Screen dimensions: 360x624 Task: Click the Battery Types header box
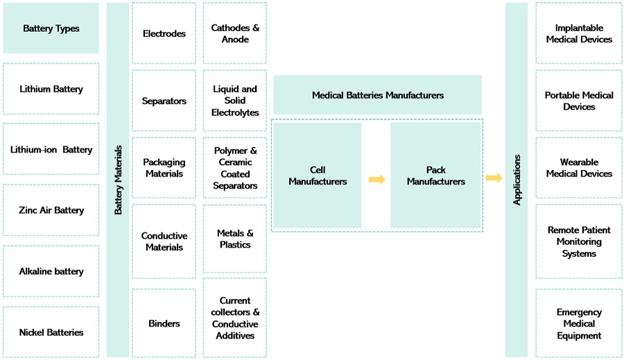tap(51, 28)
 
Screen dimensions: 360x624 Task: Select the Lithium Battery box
tap(51, 89)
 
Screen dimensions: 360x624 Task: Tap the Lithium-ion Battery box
tap(51, 149)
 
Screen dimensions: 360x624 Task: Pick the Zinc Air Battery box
tap(51, 210)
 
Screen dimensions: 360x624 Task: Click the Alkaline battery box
tap(51, 271)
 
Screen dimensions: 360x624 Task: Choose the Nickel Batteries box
tap(51, 332)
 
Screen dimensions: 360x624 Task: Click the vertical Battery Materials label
tap(118, 180)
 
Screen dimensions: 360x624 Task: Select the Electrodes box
tap(164, 33)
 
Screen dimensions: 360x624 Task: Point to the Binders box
tap(164, 323)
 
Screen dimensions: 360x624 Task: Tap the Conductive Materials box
tap(164, 241)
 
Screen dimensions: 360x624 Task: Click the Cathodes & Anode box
tap(235, 33)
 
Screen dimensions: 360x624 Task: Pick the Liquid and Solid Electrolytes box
tap(235, 101)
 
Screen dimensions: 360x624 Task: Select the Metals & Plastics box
tap(235, 239)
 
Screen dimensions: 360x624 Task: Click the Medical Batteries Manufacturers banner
tap(377, 95)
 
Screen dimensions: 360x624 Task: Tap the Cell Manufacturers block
tap(318, 175)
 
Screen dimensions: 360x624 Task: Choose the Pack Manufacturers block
tap(435, 175)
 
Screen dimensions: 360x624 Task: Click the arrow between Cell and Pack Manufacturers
tap(376, 179)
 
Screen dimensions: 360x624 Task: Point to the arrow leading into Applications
tap(494, 178)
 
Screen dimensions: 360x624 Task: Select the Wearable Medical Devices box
tap(579, 168)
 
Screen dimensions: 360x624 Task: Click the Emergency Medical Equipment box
tap(579, 324)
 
